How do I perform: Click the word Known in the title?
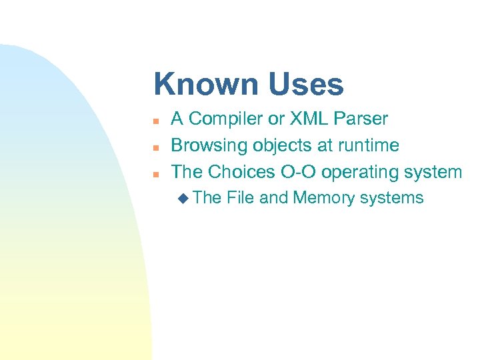point(206,85)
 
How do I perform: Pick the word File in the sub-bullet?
point(240,197)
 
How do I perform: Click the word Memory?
point(326,197)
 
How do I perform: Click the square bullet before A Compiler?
point(155,121)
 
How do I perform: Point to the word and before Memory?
point(273,197)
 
